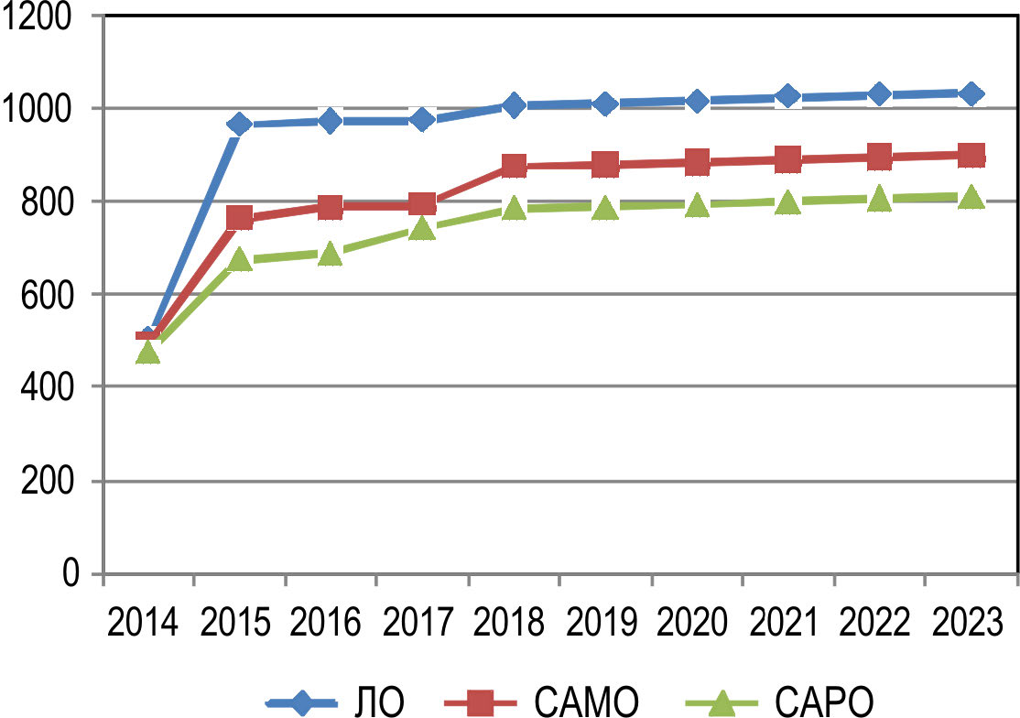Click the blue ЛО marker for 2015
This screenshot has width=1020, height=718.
click(x=239, y=124)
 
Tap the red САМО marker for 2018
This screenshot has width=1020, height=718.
click(x=514, y=166)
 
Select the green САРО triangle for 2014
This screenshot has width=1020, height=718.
click(x=147, y=351)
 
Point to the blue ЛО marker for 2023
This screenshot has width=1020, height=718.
click(x=971, y=93)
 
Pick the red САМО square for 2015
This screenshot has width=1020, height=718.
click(x=239, y=218)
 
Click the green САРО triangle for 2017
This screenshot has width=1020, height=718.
click(x=422, y=227)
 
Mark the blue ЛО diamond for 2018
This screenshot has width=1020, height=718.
click(x=514, y=104)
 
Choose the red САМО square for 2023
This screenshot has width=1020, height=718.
click(x=971, y=155)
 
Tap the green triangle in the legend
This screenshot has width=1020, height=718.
click(x=720, y=702)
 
